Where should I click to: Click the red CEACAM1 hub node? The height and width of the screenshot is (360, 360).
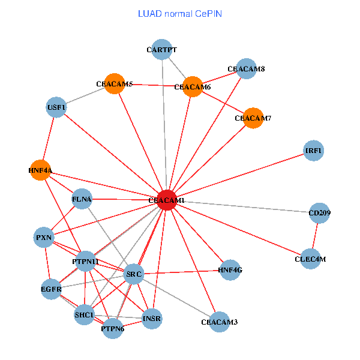click(167, 200)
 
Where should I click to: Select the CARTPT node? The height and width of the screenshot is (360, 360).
click(162, 50)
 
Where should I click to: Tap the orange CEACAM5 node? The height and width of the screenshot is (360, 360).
click(115, 84)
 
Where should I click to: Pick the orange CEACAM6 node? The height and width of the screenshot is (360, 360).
click(193, 87)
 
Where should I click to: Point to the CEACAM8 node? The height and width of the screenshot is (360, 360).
click(247, 68)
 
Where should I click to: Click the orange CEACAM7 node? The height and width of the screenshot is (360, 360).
click(253, 118)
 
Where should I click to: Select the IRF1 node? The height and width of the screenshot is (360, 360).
click(314, 151)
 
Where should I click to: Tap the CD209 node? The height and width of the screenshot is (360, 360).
click(320, 213)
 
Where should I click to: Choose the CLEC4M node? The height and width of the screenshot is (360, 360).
click(310, 259)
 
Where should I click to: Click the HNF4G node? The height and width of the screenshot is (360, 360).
click(230, 270)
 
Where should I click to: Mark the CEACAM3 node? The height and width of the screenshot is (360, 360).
click(220, 322)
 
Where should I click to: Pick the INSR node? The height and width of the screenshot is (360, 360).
click(152, 319)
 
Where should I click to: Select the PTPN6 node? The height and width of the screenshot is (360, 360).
click(113, 329)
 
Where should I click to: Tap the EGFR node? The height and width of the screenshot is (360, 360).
click(52, 289)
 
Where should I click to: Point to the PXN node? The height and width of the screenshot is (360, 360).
click(44, 238)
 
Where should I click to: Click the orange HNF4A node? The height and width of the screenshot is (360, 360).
click(40, 170)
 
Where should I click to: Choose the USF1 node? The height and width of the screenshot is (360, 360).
click(56, 107)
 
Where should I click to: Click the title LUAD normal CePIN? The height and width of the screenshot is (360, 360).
click(180, 14)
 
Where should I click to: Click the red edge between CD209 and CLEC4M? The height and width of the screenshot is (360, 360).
click(315, 236)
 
